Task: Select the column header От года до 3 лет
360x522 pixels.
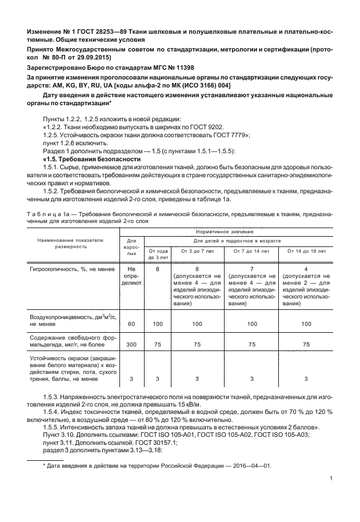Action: pos(158,254)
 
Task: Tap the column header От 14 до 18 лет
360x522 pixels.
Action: pos(306,250)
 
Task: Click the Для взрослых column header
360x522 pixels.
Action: pos(131,247)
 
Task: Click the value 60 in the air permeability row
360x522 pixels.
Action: pos(131,324)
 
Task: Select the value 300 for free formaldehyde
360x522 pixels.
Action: pos(131,345)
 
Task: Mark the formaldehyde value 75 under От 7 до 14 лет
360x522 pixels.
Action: pos(251,345)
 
